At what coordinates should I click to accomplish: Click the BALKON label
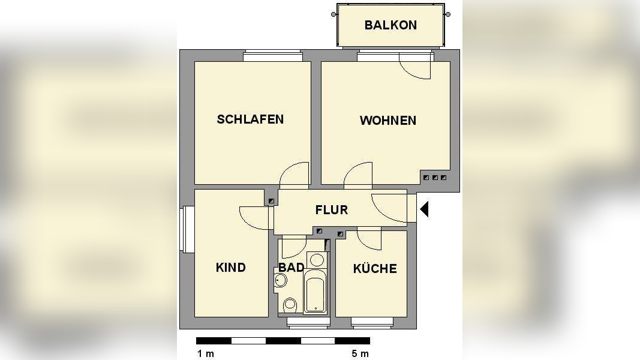pyautogui.click(x=390, y=25)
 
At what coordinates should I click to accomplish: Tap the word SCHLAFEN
pyautogui.click(x=250, y=119)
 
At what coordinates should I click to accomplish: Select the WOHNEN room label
pyautogui.click(x=387, y=121)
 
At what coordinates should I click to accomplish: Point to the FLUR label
pyautogui.click(x=331, y=210)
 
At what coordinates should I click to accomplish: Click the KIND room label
pyautogui.click(x=231, y=268)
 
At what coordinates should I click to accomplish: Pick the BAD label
pyautogui.click(x=291, y=268)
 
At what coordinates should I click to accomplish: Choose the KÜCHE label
pyautogui.click(x=374, y=268)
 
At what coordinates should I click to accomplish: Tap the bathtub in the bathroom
pyautogui.click(x=315, y=292)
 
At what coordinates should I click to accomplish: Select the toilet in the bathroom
pyautogui.click(x=290, y=304)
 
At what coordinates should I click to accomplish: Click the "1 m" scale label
pyautogui.click(x=206, y=353)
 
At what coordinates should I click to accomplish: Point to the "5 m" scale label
pyautogui.click(x=360, y=353)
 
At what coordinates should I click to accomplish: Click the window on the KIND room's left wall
pyautogui.click(x=186, y=230)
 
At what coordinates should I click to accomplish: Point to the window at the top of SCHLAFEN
pyautogui.click(x=272, y=56)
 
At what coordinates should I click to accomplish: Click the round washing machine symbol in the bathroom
pyautogui.click(x=317, y=260)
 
